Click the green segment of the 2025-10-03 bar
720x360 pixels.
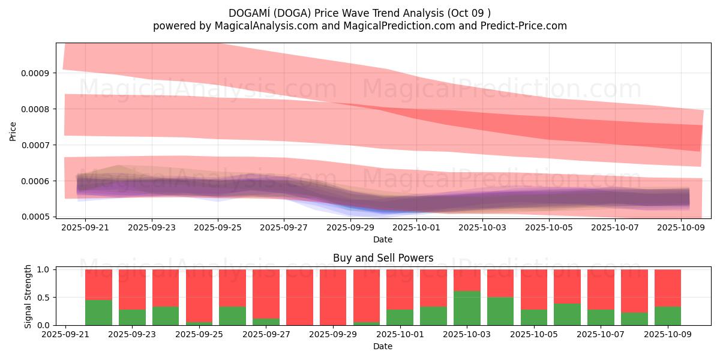(467, 308)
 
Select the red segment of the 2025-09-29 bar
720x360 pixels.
(333, 296)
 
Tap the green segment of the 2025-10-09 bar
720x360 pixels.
(668, 316)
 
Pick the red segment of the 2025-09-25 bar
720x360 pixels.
(199, 295)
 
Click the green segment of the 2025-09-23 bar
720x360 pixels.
(132, 317)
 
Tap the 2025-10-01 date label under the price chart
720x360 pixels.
(416, 228)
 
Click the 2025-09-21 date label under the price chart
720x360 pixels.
(86, 228)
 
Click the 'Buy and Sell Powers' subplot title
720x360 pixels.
(383, 259)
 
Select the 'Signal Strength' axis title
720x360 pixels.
(28, 298)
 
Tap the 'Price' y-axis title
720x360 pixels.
(13, 130)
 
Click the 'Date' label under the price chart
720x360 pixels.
(383, 239)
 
